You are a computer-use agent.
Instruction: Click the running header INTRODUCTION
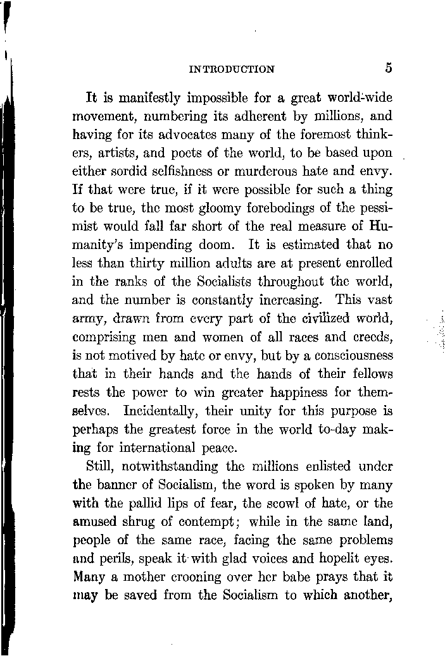click(232, 70)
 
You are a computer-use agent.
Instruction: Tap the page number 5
click(387, 68)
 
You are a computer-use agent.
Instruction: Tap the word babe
click(318, 578)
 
